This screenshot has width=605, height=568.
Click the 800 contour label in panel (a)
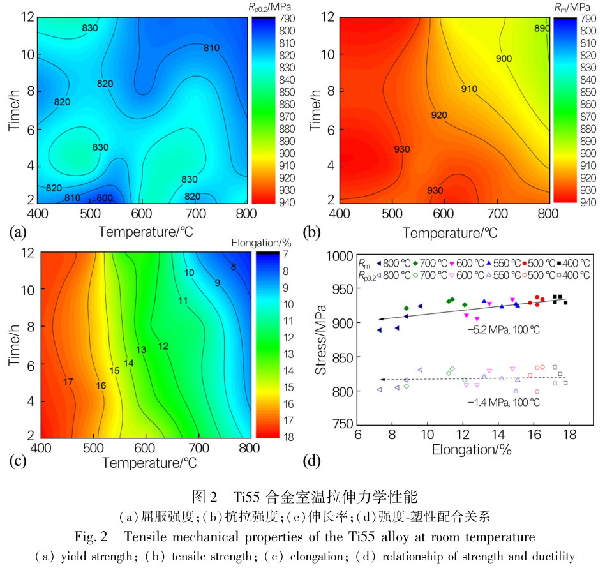click(x=105, y=198)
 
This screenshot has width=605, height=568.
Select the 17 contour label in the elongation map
click(x=69, y=382)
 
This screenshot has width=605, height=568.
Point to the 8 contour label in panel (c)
click(x=234, y=267)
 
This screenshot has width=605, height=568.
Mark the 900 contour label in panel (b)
click(x=504, y=58)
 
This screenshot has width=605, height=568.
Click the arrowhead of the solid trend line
click(x=380, y=318)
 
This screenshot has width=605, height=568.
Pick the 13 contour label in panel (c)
click(x=141, y=349)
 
